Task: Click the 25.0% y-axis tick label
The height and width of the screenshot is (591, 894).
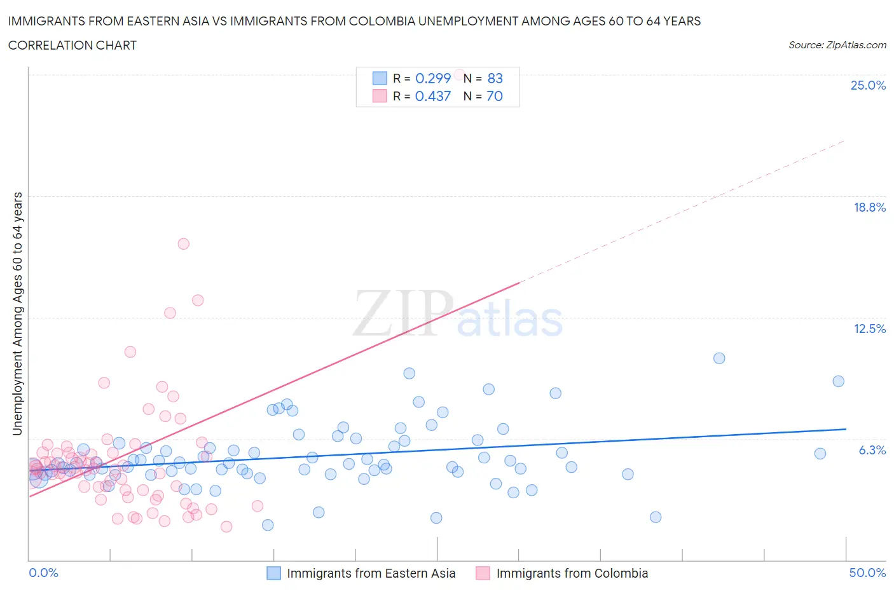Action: [x=868, y=85]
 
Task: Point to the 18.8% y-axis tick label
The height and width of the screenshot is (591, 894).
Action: [x=869, y=207]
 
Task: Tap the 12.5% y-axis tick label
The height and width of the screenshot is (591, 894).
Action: [x=869, y=329]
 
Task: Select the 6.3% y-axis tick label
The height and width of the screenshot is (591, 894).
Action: [x=872, y=450]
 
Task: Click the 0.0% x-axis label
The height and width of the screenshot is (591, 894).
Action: [x=43, y=573]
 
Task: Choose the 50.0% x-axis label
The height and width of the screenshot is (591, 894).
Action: [x=867, y=573]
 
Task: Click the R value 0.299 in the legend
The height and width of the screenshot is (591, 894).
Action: [x=432, y=78]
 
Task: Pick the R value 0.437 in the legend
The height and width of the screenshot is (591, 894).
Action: [x=432, y=96]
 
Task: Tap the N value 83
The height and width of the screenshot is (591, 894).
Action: [x=495, y=78]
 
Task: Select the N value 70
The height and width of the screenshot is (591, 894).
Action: [x=495, y=96]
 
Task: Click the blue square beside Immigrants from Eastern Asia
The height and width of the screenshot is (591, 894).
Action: [x=273, y=573]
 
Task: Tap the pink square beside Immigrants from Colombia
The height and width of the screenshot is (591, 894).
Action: [x=483, y=573]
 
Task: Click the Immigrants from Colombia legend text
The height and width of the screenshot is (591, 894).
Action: [x=572, y=573]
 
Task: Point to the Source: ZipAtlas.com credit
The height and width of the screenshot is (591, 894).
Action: [x=837, y=44]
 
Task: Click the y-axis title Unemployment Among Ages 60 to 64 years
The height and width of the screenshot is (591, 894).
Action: [x=18, y=314]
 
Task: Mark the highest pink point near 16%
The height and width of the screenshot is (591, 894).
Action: [x=184, y=243]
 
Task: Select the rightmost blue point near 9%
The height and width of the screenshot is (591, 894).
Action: [x=838, y=381]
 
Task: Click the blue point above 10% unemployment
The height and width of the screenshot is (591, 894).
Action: [x=719, y=358]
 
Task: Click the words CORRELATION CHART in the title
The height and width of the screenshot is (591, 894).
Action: [x=72, y=45]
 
